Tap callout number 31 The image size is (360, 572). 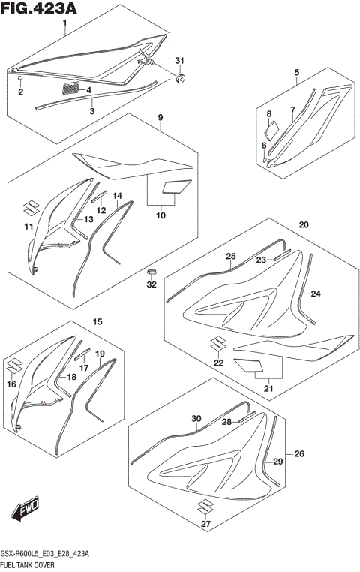tap(178, 60)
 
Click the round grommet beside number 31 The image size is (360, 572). tap(181, 77)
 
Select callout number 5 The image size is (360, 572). tap(296, 73)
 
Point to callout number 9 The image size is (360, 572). tap(160, 118)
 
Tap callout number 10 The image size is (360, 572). tap(160, 216)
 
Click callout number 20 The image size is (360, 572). tap(304, 224)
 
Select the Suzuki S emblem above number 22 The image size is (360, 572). tap(218, 343)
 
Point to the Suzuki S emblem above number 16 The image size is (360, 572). tap(13, 366)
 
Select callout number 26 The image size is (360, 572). tap(298, 454)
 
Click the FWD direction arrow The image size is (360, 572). tap(26, 512)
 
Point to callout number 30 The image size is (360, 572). tap(196, 418)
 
